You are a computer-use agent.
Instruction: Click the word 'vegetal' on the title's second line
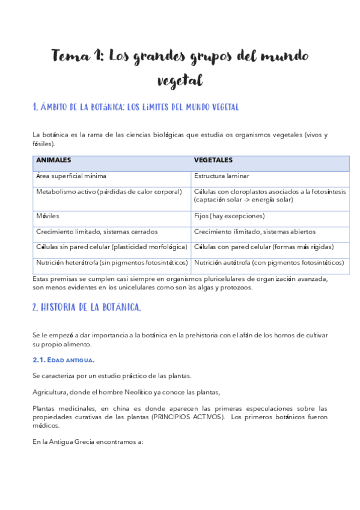[180, 80]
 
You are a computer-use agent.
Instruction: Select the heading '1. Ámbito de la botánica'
[135, 108]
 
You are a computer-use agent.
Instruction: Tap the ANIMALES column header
[54, 161]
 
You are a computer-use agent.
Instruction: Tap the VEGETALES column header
[213, 161]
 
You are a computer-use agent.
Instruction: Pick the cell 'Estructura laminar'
[221, 176]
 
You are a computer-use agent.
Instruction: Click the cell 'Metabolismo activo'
[109, 192]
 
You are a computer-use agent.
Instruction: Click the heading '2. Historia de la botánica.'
[87, 307]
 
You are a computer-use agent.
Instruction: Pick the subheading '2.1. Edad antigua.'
[63, 360]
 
